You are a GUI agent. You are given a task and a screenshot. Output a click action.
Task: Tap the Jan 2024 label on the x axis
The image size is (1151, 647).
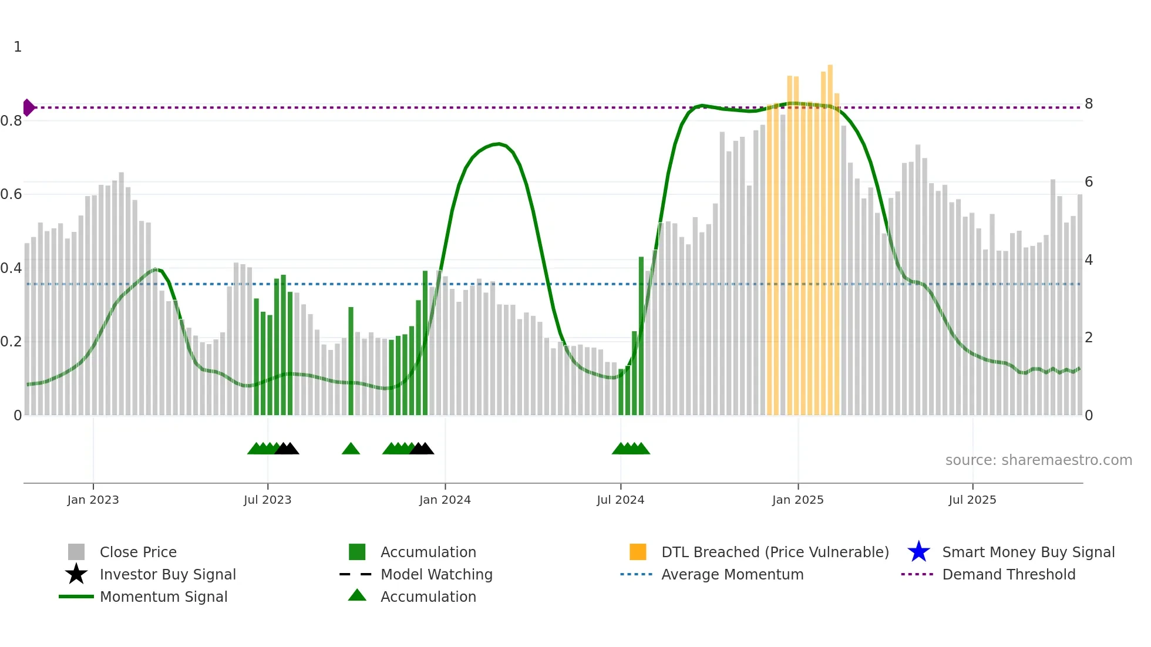[445, 500]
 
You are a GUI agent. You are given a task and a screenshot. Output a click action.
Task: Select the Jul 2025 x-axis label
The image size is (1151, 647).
[972, 500]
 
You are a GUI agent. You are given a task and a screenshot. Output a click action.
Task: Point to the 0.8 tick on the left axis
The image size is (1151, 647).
[11, 121]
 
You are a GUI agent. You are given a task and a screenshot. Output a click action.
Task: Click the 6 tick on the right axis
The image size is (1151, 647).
[1088, 182]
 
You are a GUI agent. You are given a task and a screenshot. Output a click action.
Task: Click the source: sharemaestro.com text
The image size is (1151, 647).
[1038, 460]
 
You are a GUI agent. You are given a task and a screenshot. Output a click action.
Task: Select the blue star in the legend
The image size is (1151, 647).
[918, 552]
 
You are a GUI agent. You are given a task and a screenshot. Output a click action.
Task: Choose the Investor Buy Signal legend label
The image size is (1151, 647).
[167, 574]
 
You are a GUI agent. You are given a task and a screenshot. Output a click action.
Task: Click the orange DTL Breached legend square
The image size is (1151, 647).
[638, 552]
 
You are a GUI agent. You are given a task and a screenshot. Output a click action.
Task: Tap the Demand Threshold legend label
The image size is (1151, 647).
[1008, 574]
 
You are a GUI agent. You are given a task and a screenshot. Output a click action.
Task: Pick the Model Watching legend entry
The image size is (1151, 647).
[436, 574]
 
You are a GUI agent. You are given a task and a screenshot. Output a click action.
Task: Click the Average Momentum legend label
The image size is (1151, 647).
[732, 574]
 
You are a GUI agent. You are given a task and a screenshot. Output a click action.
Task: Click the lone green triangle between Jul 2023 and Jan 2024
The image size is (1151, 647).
[351, 449]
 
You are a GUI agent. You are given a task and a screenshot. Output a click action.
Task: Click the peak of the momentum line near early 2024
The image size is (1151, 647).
[498, 143]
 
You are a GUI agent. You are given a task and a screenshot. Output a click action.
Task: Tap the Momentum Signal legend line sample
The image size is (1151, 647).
[76, 597]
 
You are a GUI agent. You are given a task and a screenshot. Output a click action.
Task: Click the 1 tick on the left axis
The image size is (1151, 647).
[18, 47]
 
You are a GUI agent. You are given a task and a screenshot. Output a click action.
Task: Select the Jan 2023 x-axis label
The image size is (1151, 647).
[93, 500]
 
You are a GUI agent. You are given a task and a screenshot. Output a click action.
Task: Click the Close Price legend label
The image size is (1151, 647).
[138, 552]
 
